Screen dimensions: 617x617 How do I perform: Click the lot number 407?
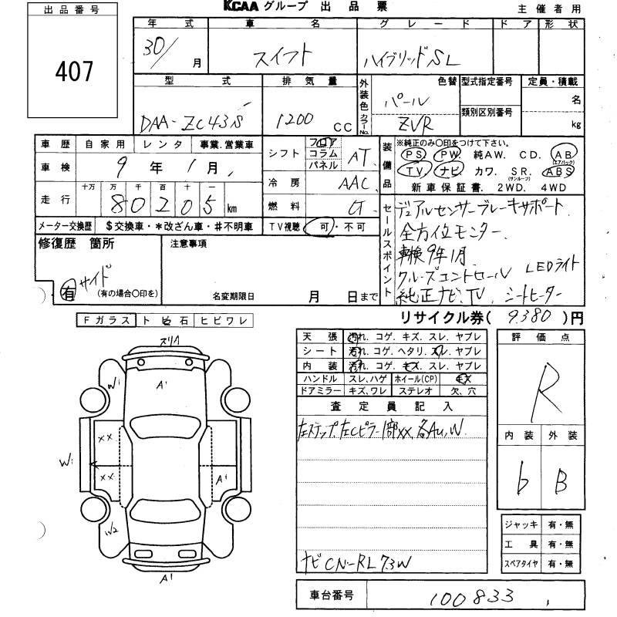[74, 71]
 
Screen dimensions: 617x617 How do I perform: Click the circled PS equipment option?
[410, 154]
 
